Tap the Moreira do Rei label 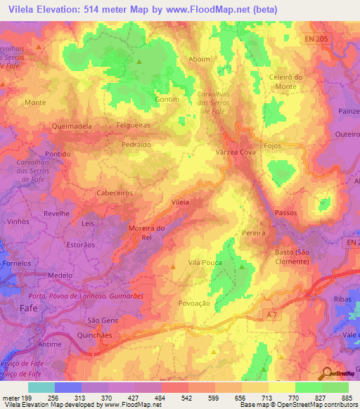(x=147, y=232)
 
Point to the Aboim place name (x=200, y=59)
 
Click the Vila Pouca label (x=205, y=262)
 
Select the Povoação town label (x=195, y=303)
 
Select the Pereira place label (x=252, y=233)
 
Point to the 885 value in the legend (x=345, y=397)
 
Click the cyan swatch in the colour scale (x=41, y=387)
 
